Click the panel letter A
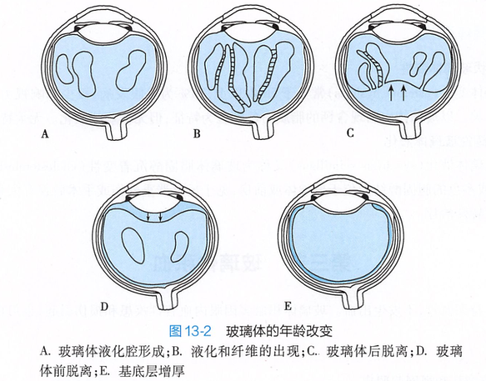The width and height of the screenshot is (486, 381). coord(46,134)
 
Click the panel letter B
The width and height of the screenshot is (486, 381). coord(197,133)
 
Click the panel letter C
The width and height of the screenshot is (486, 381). coord(350,133)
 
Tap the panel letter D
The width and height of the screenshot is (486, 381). coord(104,306)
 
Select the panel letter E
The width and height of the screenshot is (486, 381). coord(288,306)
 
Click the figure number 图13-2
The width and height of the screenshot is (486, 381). coord(190,331)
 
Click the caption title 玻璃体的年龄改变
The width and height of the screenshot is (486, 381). coord(279,331)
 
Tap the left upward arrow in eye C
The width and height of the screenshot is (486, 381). coord(391,93)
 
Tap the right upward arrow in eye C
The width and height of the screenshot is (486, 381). coord(403,93)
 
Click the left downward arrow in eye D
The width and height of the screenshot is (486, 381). coord(148,216)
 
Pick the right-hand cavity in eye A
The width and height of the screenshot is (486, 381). coord(131,71)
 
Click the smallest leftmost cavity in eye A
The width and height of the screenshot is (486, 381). coord(65,69)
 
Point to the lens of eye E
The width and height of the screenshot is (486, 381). coord(341,205)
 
